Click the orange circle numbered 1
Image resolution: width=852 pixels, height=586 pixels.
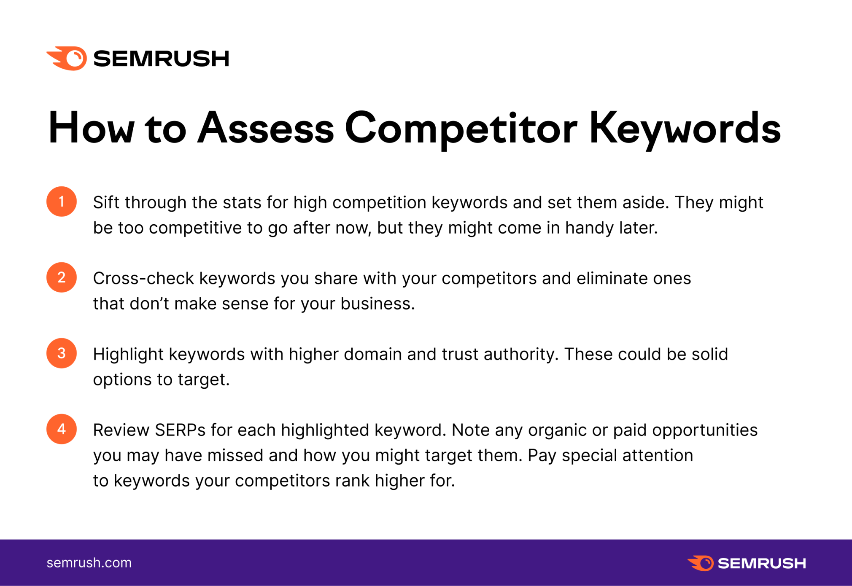(x=62, y=202)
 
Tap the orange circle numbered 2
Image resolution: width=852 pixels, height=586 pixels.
(x=62, y=277)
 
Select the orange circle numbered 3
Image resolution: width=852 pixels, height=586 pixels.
(x=62, y=353)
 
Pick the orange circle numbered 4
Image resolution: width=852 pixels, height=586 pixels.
(x=62, y=429)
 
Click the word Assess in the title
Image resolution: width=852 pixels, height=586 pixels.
(x=266, y=128)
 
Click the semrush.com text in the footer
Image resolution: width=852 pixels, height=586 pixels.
(x=89, y=563)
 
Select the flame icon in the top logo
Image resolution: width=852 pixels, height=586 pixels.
(x=67, y=58)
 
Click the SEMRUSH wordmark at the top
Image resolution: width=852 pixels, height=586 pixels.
(x=161, y=59)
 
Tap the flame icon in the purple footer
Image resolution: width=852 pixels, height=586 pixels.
(x=701, y=563)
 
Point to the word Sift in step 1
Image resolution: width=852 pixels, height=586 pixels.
(x=106, y=202)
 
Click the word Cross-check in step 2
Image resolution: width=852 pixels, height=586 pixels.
(x=143, y=278)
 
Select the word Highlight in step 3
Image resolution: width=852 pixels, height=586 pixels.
(x=128, y=355)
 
